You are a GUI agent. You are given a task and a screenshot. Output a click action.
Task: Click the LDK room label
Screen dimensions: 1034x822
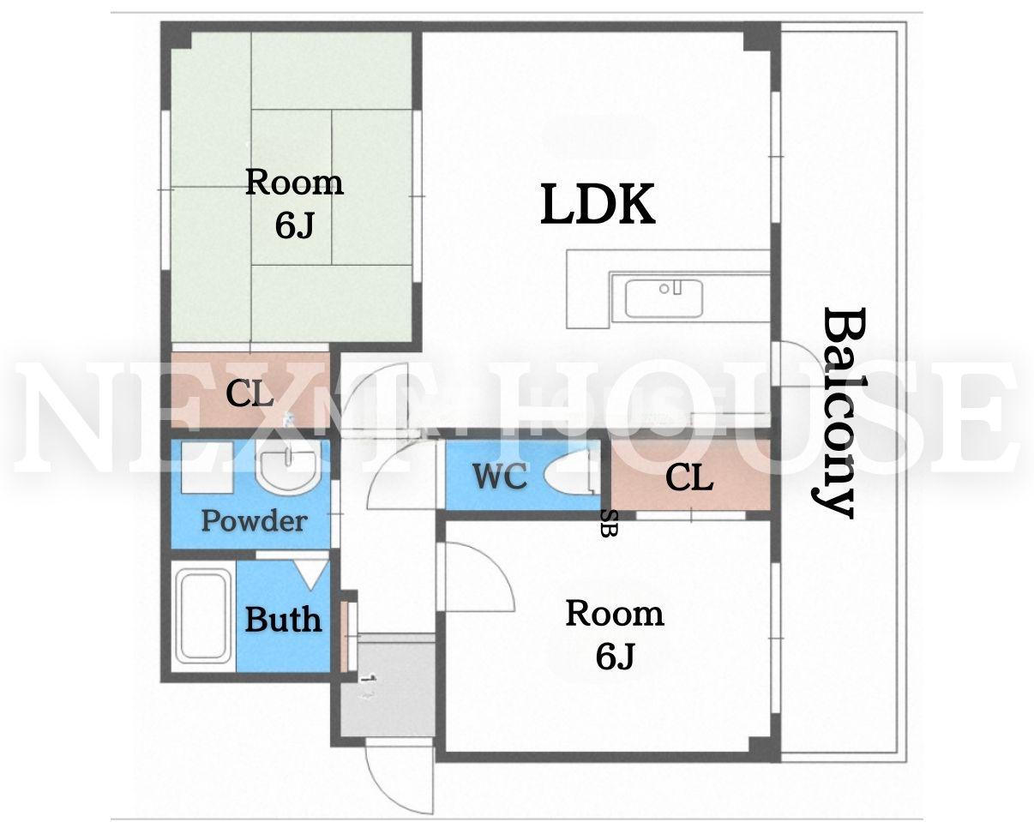(x=598, y=204)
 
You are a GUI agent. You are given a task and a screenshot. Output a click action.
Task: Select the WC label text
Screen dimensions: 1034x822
(x=500, y=476)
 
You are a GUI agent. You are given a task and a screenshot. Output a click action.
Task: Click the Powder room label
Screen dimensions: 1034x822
(x=254, y=521)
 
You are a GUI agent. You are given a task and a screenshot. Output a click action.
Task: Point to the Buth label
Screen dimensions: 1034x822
(x=283, y=621)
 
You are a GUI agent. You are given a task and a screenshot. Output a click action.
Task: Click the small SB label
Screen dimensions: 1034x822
(x=610, y=523)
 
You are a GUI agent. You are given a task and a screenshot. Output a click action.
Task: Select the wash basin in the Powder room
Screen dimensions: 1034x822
(x=288, y=468)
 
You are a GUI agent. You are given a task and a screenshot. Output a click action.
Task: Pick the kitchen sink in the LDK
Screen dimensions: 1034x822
(x=663, y=299)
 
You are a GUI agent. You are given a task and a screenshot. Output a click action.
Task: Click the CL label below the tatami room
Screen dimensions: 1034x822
(x=249, y=394)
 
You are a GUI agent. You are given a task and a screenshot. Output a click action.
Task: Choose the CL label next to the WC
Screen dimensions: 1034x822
(x=689, y=477)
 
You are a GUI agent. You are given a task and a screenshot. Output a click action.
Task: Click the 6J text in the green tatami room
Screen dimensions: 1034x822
(x=294, y=225)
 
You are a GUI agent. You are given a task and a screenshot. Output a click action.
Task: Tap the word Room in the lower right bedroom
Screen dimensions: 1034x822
(x=615, y=614)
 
